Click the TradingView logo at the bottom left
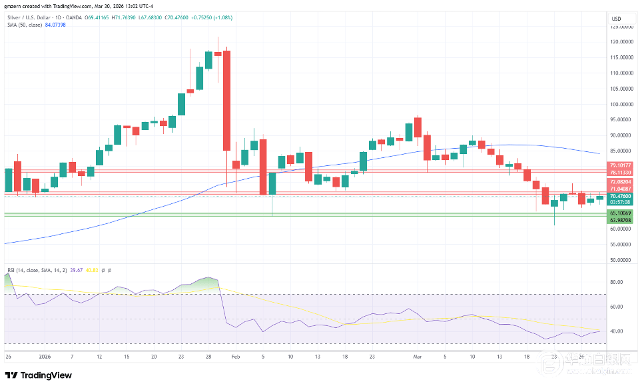[38, 375]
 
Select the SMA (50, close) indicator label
[24, 24]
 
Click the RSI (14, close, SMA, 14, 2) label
[33, 270]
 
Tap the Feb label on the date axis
[235, 357]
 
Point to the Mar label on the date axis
[417, 357]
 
